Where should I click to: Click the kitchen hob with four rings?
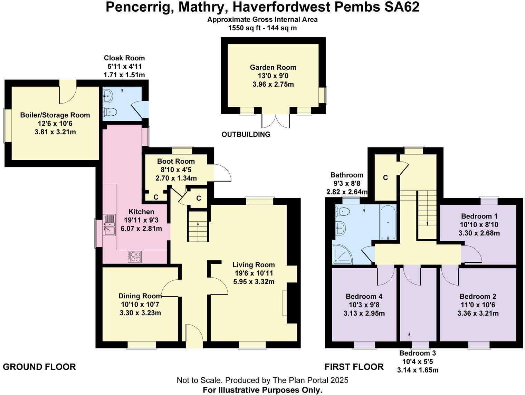point(135,257)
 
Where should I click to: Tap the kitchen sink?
point(109,225)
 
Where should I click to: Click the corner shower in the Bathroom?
point(341,254)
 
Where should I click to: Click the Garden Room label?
point(273,67)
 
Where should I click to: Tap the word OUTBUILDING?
point(246,134)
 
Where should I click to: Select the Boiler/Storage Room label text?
point(55,115)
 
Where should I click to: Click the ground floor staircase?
point(198,227)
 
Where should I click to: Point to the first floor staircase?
point(427,214)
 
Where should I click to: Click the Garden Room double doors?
point(276,121)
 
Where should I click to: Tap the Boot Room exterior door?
point(221,172)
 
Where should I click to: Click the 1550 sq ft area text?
point(262,28)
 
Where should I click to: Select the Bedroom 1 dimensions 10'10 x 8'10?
point(479,224)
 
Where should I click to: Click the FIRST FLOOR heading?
point(354,367)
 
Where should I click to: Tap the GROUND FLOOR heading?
point(39,367)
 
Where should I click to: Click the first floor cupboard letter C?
point(385,178)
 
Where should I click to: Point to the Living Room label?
point(254,265)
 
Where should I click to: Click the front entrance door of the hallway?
point(194,336)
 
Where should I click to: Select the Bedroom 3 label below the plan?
point(417,353)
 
